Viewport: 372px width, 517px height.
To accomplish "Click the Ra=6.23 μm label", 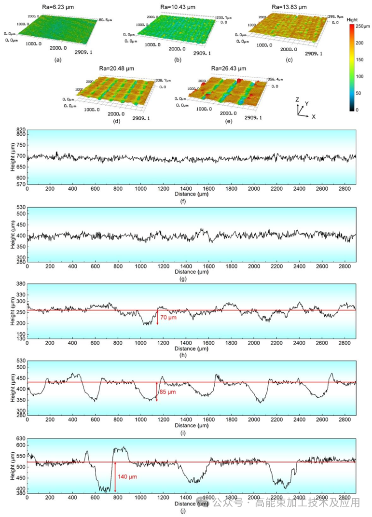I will tap(58, 7).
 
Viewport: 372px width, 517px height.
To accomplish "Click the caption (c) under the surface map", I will tap(289, 60).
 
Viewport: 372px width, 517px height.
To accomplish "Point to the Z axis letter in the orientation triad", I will tap(298, 99).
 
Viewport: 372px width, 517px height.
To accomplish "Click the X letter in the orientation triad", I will tap(314, 116).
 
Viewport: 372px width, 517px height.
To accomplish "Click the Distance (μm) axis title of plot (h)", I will tap(192, 348).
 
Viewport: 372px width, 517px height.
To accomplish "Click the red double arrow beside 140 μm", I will tap(115, 477).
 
